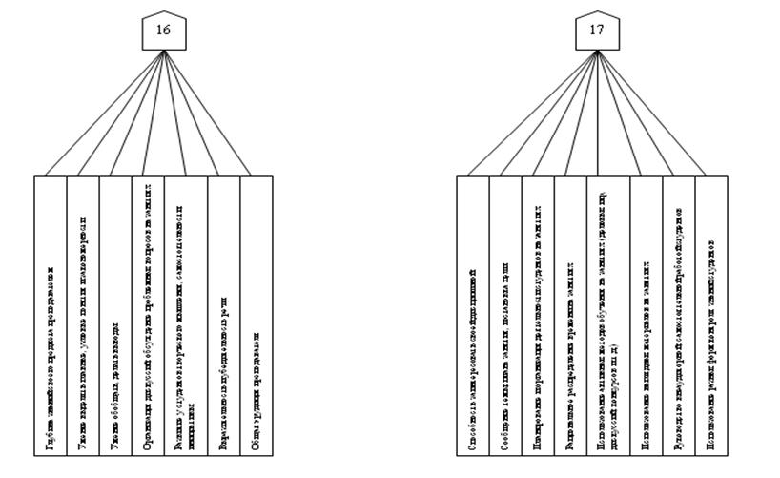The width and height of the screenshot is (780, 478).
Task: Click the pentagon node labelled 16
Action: pyautogui.click(x=163, y=31)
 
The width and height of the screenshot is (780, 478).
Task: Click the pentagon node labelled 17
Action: pyautogui.click(x=596, y=31)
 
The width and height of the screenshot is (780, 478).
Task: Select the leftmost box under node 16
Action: pyautogui.click(x=50, y=315)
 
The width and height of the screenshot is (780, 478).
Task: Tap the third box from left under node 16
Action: pyautogui.click(x=114, y=315)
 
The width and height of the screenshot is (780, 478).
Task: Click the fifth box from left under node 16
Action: pyautogui.click(x=185, y=315)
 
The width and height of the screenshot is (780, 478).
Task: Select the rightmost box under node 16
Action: pyautogui.click(x=257, y=315)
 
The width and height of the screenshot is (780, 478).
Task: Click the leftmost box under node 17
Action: pyautogui.click(x=473, y=315)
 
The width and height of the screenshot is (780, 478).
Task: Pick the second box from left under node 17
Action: pyautogui.click(x=505, y=315)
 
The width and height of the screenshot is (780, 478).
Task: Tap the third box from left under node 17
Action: pyautogui.click(x=538, y=315)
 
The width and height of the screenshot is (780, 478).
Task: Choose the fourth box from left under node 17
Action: pyautogui.click(x=570, y=315)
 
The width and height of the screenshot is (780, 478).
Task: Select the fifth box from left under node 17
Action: pyautogui.click(x=607, y=315)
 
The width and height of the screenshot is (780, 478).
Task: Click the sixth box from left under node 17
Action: pyautogui.click(x=646, y=315)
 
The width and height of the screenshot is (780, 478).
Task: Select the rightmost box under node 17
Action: pyautogui.click(x=711, y=315)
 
